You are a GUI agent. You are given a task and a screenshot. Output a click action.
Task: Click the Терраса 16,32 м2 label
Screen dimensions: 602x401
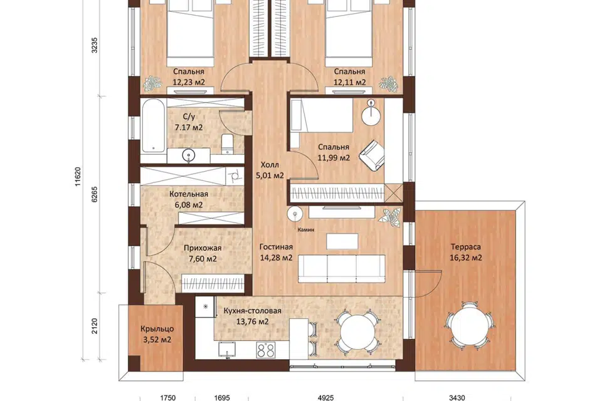(466, 253)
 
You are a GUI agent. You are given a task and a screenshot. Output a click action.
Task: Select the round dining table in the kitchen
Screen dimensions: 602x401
(357, 332)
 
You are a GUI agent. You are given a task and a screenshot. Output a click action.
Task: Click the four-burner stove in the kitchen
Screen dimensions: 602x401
(266, 350)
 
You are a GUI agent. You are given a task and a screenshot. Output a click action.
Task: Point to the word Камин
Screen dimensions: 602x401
(305, 230)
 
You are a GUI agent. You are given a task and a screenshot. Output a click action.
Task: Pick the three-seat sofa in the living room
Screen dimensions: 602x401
(341, 269)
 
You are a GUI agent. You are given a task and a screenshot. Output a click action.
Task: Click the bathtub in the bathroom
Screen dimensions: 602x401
(153, 126)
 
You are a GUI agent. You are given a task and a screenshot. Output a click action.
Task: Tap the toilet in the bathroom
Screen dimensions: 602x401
(228, 145)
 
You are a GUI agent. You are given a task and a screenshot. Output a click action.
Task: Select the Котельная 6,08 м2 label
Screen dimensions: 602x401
(189, 199)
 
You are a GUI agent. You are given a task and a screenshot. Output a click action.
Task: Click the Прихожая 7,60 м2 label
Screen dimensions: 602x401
(203, 254)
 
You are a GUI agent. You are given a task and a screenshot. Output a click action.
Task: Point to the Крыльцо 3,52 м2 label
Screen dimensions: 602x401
(157, 334)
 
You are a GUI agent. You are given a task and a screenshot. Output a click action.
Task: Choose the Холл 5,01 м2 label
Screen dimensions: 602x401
(270, 170)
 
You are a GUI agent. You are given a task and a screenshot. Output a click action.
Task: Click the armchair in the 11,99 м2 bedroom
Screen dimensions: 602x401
(372, 155)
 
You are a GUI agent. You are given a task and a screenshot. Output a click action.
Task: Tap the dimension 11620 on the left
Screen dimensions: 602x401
(78, 177)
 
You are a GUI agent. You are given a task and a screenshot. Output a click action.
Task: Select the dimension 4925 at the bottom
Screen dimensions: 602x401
(326, 397)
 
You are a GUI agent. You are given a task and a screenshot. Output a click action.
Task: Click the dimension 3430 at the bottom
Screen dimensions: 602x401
(457, 397)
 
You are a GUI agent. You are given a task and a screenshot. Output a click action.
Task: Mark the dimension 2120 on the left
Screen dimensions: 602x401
(95, 326)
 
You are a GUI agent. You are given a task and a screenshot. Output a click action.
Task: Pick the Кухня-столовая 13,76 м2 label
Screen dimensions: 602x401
(253, 316)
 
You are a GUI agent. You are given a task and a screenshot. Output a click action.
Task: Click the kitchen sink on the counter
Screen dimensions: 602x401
(227, 350)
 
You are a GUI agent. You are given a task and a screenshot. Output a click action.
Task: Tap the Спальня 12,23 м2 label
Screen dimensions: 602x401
(189, 76)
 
